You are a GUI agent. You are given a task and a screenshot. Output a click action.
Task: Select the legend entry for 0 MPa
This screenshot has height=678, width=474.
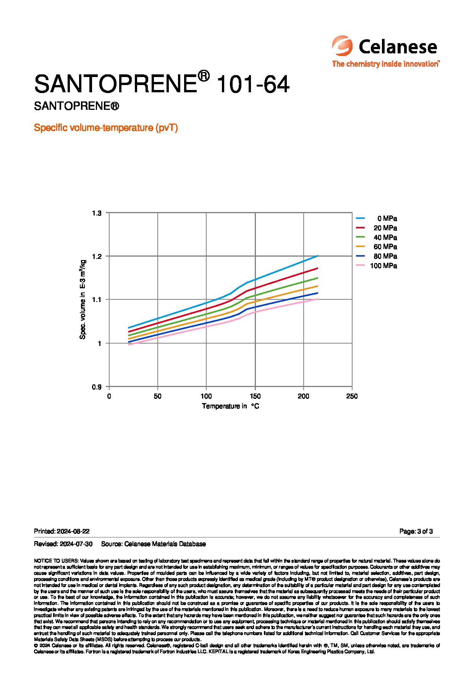(x=387, y=219)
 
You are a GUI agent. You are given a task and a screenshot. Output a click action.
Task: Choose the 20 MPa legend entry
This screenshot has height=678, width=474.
(x=385, y=228)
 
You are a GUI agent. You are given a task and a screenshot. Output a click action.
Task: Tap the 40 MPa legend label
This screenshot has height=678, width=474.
(x=385, y=238)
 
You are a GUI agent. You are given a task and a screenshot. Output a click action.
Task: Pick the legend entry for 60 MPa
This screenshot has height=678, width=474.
(x=385, y=247)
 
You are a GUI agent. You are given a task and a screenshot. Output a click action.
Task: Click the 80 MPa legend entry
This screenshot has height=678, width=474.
(x=385, y=256)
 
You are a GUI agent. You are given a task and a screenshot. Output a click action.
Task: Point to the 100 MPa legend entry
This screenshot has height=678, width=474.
(x=383, y=266)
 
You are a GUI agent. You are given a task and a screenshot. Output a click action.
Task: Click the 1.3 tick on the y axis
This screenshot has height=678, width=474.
(x=97, y=213)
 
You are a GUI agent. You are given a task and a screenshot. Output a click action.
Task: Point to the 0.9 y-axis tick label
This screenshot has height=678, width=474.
(x=97, y=387)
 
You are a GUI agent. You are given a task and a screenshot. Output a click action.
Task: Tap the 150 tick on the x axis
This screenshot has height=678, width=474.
(x=255, y=396)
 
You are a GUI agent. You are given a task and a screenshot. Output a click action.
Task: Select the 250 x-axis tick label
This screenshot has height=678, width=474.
(x=352, y=396)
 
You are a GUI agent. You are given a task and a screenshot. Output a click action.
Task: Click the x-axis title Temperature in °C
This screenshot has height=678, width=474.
(x=230, y=406)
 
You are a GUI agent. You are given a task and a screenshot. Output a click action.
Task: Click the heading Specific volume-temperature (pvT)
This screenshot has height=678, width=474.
(x=106, y=128)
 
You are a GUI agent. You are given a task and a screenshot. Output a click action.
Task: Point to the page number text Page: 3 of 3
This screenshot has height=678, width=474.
(x=416, y=531)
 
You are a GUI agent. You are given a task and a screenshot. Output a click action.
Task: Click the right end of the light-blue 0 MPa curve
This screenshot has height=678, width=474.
(x=317, y=256)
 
